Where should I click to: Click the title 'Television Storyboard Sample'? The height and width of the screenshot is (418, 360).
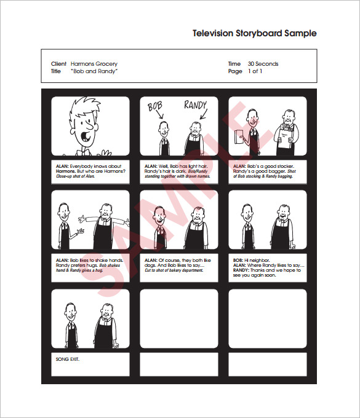(x=254, y=33)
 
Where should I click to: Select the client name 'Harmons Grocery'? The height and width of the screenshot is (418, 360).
(x=94, y=64)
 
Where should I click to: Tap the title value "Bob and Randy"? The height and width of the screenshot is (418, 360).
(x=94, y=71)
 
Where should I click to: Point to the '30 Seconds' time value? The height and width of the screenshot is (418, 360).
(x=263, y=64)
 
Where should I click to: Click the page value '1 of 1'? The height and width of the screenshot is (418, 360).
(x=255, y=71)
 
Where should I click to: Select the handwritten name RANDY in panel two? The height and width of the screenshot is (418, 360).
(x=196, y=105)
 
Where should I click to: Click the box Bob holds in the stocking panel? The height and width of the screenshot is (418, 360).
(x=238, y=136)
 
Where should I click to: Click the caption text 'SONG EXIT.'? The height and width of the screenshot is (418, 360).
(x=68, y=359)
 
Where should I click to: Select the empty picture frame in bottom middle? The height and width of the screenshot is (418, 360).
(x=178, y=318)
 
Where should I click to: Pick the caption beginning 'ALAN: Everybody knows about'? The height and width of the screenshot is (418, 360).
(x=90, y=171)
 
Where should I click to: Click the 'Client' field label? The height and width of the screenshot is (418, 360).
(x=58, y=64)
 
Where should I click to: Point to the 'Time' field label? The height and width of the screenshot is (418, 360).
(x=234, y=64)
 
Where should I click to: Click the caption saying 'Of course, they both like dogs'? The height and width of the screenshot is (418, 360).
(x=178, y=265)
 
